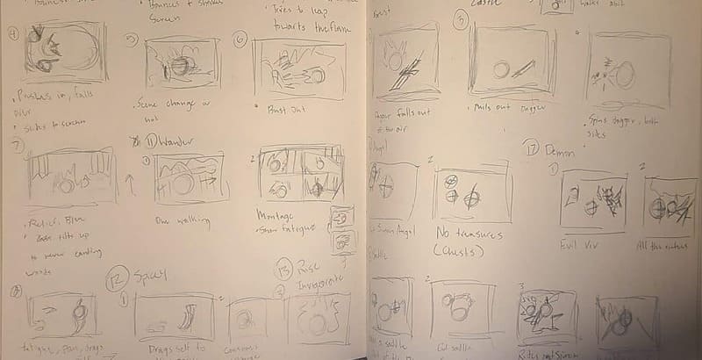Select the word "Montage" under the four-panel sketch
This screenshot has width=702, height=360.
274,214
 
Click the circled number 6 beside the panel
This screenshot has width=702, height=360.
240,40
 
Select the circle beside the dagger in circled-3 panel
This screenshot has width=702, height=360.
503,68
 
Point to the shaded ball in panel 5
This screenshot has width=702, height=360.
179,67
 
